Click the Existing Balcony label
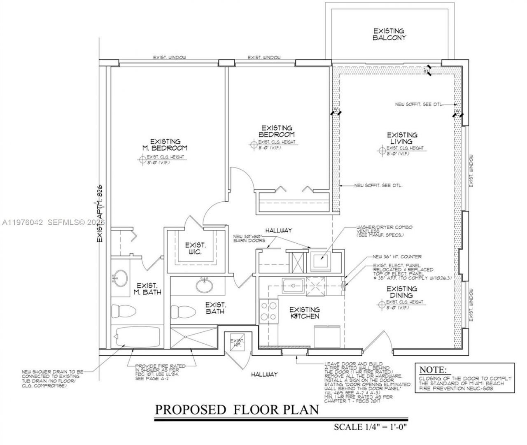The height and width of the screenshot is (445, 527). (389, 34)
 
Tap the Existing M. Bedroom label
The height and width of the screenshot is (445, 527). (165, 144)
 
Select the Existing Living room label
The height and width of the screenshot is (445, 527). (402, 138)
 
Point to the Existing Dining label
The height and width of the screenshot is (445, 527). (401, 292)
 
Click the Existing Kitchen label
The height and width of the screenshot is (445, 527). (304, 313)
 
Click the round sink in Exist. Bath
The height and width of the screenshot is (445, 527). (203, 284)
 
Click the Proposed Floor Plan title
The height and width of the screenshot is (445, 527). (236, 410)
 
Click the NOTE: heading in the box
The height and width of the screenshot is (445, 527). (432, 369)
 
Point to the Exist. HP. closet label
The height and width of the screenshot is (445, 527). (237, 343)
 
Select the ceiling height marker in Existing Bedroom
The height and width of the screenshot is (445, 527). (253, 144)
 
